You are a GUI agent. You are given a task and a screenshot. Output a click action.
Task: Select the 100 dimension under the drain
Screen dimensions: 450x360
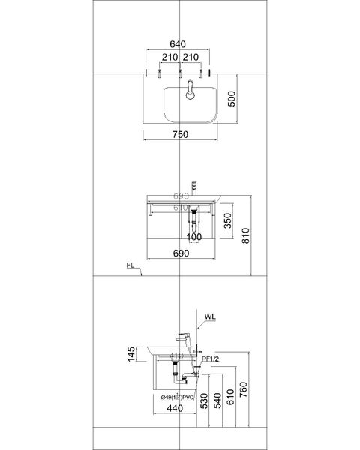[x=195, y=238]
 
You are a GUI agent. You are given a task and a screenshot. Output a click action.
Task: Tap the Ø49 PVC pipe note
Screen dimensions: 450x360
[x=176, y=397]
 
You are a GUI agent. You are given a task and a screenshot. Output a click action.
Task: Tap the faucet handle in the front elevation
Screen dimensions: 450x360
[x=193, y=184]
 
